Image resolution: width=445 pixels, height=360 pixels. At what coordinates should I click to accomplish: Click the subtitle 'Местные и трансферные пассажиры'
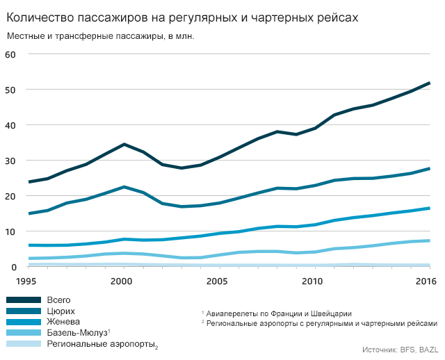pos(100,36)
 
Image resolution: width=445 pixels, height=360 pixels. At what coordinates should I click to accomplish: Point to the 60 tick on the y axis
pos(10,54)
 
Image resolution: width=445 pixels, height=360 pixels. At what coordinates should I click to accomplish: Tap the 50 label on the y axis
pos(10,90)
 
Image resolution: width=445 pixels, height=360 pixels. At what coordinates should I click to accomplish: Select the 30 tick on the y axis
pos(10,161)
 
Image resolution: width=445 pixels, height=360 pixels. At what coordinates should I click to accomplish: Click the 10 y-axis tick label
pos(10,231)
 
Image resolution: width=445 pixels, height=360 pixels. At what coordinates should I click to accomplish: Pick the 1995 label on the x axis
pos(26,281)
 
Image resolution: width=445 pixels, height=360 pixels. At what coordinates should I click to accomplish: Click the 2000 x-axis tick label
pos(122,281)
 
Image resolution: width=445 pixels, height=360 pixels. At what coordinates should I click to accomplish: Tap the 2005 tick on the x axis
pos(218,281)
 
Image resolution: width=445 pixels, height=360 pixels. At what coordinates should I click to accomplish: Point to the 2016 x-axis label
pos(426,281)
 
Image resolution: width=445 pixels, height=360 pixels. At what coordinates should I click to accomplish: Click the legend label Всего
pos(58,300)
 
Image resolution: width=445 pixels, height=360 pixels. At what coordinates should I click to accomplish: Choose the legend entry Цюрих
pos(61,311)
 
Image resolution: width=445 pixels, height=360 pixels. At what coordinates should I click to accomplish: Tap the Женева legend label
pos(63,322)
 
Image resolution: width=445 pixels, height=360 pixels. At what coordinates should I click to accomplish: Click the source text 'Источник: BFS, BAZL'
pos(400,350)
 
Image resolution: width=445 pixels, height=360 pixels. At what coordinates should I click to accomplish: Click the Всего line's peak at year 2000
pos(124,145)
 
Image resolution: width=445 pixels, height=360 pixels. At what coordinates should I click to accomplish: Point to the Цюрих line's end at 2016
pos(429,169)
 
